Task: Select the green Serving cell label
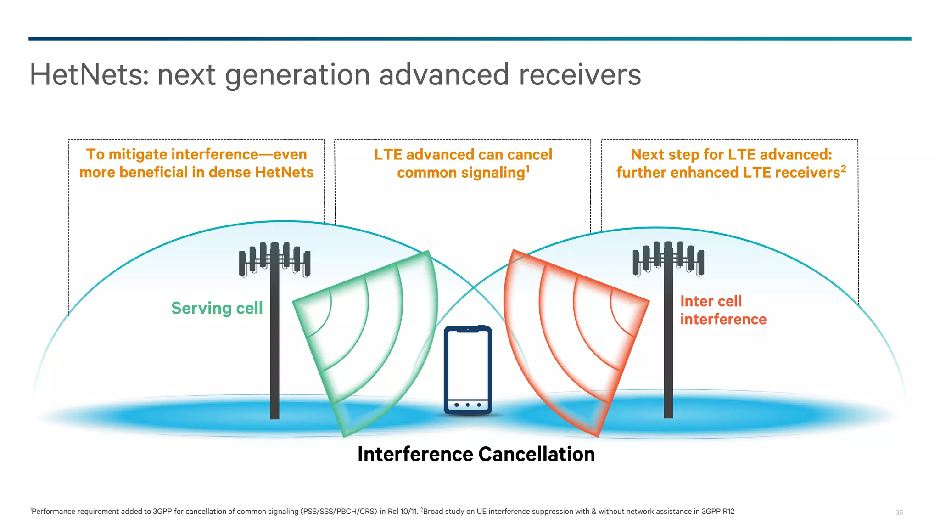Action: point(217,308)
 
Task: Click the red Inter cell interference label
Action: point(723,310)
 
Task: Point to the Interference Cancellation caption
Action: point(476,454)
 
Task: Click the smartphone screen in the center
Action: point(468,365)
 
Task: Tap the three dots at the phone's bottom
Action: point(468,405)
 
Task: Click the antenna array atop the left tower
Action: point(274,259)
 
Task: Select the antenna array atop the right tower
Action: point(668,259)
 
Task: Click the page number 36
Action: point(899,512)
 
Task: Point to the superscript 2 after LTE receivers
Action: point(843,169)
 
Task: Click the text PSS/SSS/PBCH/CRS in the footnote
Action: point(339,512)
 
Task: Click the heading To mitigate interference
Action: point(196,155)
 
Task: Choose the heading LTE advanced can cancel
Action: point(463,155)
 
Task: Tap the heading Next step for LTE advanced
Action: point(731,155)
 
